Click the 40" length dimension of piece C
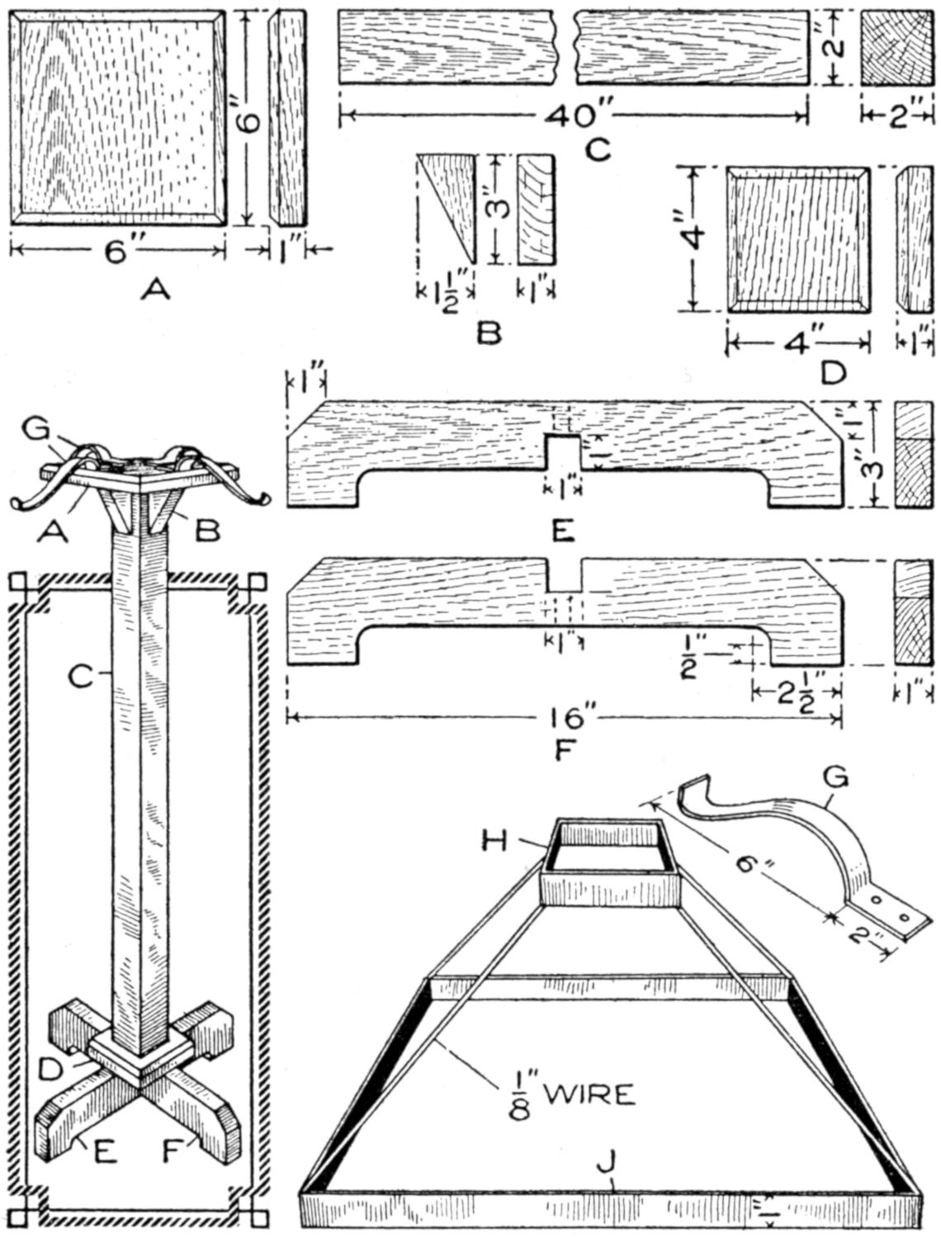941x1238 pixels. [x=571, y=116]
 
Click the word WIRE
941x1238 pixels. [x=591, y=1094]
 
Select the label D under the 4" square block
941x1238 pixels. [x=833, y=374]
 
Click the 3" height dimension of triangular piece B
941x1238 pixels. [x=494, y=209]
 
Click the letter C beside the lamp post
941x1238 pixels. [x=82, y=676]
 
